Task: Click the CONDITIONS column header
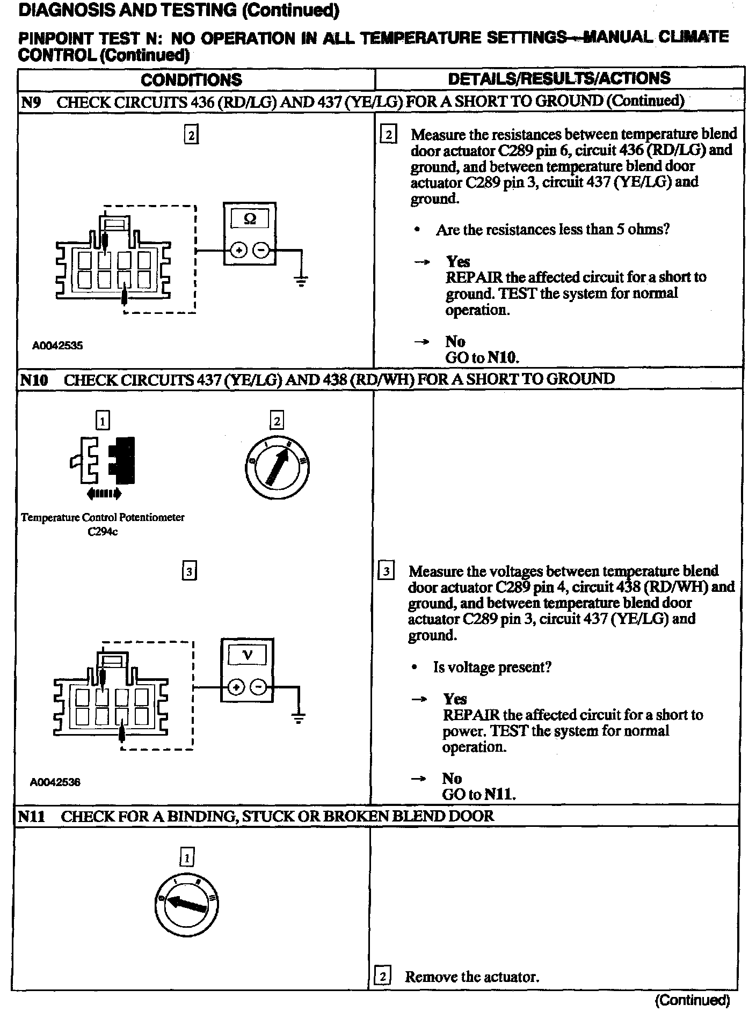point(191,80)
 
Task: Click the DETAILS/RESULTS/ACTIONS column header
point(559,78)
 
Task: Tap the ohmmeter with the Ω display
point(250,233)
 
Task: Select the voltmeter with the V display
point(247,670)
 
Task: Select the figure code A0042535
point(57,346)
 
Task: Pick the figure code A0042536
point(55,782)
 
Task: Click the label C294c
point(103,532)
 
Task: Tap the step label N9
point(31,102)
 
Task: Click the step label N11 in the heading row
point(31,816)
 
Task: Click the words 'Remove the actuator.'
point(471,976)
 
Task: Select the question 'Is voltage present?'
point(492,667)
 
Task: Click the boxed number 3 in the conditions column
point(189,571)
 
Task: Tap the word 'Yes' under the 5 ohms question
point(457,261)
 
